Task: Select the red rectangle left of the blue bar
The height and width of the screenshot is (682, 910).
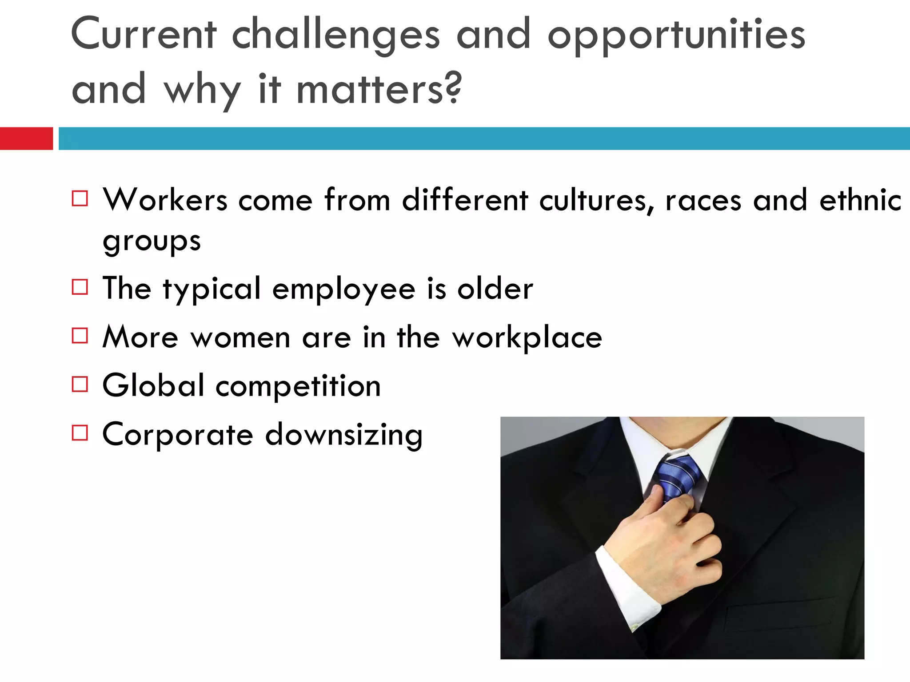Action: pos(26,139)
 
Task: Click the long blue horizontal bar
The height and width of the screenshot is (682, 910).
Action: pos(483,139)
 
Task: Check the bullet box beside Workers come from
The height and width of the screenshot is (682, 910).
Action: pos(80,198)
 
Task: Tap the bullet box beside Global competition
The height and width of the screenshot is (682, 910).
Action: pos(80,385)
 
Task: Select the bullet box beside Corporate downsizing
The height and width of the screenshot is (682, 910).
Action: pos(80,432)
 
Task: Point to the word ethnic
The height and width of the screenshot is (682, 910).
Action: pos(860,200)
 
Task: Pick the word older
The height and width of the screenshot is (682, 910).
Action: pos(495,289)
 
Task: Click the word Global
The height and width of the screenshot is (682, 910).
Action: pos(153,385)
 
